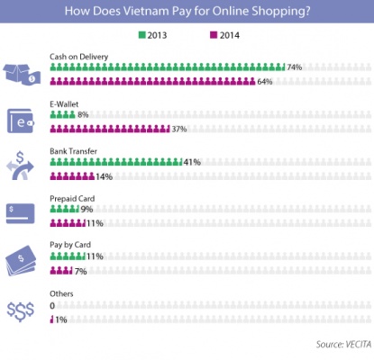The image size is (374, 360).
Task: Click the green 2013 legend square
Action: pos(141,35)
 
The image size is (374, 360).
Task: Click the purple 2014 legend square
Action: pos(214,35)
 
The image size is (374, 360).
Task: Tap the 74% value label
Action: pos(295,67)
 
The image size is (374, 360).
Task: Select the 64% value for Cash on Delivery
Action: pos(265,82)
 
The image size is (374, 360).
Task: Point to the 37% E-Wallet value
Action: pos(179,129)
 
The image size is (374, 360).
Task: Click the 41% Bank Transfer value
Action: pos(192,162)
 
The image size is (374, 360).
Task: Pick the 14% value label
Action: pos(104,176)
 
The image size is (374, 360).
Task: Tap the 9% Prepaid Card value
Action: pos(87,209)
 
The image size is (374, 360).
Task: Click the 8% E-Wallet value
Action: pos(83,114)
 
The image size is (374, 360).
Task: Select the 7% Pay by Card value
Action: pos(81,272)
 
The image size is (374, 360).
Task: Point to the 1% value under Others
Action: pos(61,319)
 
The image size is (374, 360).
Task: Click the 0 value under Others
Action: pos(52,306)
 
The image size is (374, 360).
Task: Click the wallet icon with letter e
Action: pos(21,121)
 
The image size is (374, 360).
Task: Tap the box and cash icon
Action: pos(22,74)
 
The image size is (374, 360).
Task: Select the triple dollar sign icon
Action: pos(21,311)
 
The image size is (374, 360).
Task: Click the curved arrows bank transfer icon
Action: pos(20,166)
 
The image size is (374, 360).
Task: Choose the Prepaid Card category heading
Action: pos(72,199)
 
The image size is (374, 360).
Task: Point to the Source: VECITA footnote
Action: pos(343,344)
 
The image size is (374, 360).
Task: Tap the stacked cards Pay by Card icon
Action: pos(21,260)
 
